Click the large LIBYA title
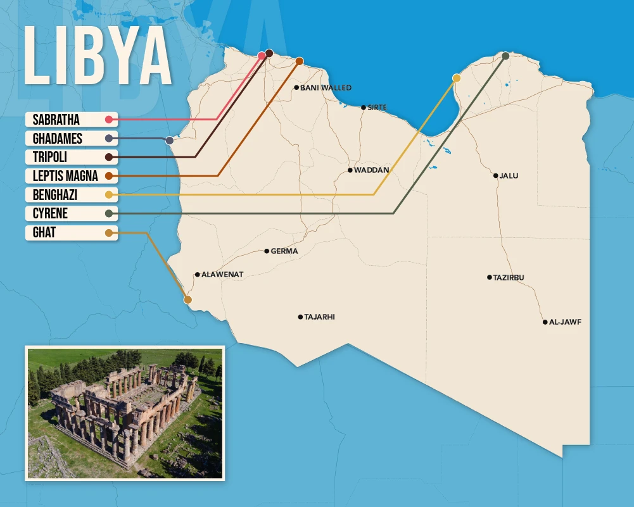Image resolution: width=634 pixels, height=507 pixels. pos(98,56)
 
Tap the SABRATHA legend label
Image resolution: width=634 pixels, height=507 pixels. pos(56,119)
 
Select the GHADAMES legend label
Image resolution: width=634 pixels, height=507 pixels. pos(58,138)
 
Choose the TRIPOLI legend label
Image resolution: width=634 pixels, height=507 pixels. pos(50,157)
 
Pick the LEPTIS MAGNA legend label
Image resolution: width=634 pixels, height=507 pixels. pos(65,176)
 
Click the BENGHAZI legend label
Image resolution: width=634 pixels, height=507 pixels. pos(55,195)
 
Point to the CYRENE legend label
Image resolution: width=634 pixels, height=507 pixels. pos(50,214)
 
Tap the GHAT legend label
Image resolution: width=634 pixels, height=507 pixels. pos(44,233)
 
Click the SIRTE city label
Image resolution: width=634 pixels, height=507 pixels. pos(377,108)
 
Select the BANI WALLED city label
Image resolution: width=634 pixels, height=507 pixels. pos(326,88)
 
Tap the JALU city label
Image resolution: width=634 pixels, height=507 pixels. pos(509,176)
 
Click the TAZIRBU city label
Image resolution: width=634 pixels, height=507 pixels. pos(509,278)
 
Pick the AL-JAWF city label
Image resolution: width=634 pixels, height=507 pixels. pos(565,322)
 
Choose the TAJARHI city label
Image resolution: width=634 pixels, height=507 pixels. pos(319,317)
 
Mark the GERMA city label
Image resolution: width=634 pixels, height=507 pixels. pos(284,251)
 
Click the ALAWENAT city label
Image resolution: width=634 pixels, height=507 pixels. pos(222,275)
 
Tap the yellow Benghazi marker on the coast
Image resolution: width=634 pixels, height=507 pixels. pos(456,78)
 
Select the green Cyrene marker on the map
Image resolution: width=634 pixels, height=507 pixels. pos(505,56)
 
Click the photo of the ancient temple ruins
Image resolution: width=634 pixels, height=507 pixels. pos(125,412)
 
